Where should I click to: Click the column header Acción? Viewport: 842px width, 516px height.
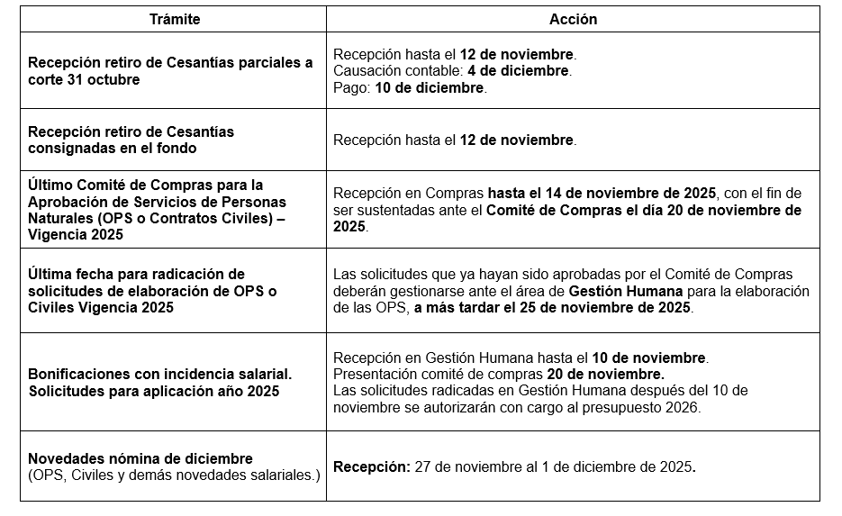point(573,19)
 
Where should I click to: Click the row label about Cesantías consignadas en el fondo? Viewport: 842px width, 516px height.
point(131,140)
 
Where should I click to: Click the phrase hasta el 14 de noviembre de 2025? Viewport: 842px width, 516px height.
point(602,193)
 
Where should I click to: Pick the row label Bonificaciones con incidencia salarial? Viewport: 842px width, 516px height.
point(159,373)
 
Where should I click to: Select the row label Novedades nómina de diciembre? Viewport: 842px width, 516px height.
point(140,458)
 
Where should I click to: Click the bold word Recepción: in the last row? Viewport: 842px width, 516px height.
point(372,467)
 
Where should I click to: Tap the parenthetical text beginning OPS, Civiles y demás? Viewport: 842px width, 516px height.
point(174,475)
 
